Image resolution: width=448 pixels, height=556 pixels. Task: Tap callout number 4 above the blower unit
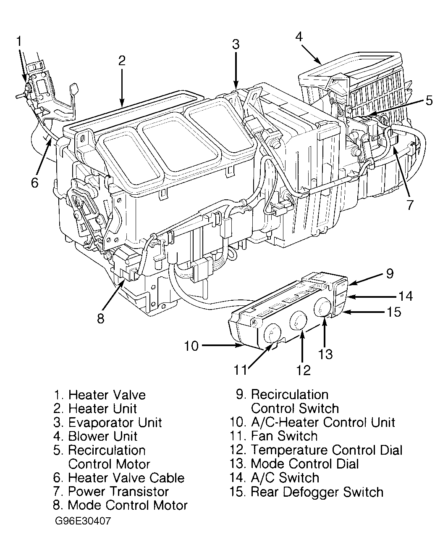pos(299,37)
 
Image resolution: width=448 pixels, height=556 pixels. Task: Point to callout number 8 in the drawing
pos(100,318)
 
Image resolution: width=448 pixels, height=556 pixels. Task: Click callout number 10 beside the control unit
pos(191,346)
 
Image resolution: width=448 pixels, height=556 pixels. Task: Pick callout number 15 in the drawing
pos(393,312)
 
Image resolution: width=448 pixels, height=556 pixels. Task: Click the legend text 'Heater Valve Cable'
pos(126,478)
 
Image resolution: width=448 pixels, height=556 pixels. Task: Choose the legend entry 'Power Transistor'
pos(118,491)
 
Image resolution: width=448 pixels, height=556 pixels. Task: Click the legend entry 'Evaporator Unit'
pos(115,422)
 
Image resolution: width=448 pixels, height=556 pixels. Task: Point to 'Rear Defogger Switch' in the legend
pos(317,492)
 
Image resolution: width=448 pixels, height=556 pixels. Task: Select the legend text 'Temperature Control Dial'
pos(326,450)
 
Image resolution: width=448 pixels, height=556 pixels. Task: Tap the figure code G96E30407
pos(83,521)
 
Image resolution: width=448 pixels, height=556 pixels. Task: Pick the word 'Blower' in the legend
pos(88,436)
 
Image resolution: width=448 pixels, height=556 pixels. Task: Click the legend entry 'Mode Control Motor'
pos(127,505)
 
